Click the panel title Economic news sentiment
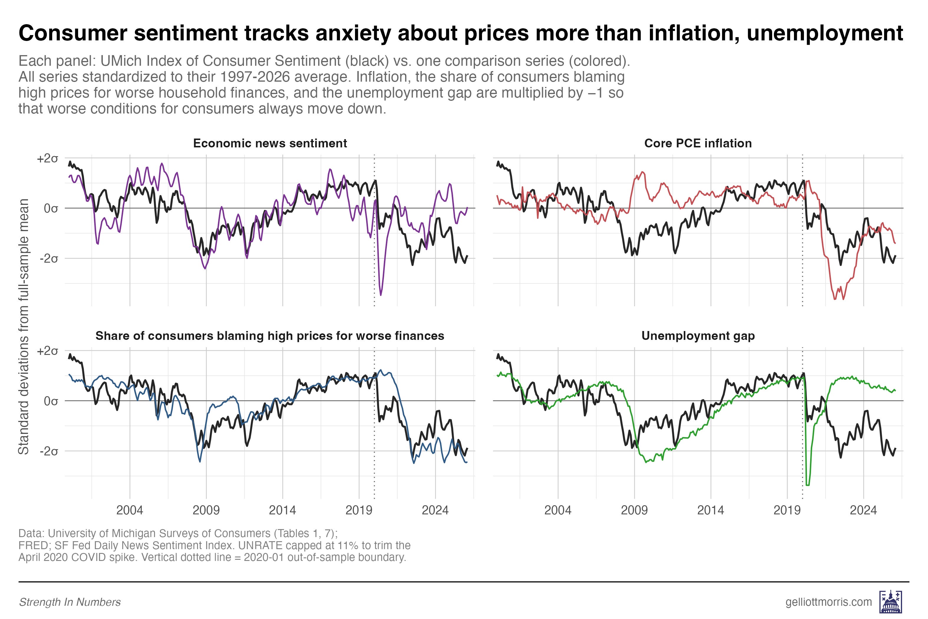click(270, 143)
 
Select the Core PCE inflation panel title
click(698, 143)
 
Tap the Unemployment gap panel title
click(698, 336)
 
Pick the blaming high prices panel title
click(270, 336)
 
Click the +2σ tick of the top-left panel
click(47, 159)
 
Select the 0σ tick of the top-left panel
click(51, 208)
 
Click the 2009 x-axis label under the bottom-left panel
click(206, 511)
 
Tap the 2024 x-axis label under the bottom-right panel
click(863, 511)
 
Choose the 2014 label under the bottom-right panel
click(710, 511)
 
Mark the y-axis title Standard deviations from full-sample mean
click(24, 327)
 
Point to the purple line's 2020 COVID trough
click(381, 294)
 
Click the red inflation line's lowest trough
click(835, 299)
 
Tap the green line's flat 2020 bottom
click(807, 485)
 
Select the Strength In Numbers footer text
click(70, 602)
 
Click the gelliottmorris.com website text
click(828, 602)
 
